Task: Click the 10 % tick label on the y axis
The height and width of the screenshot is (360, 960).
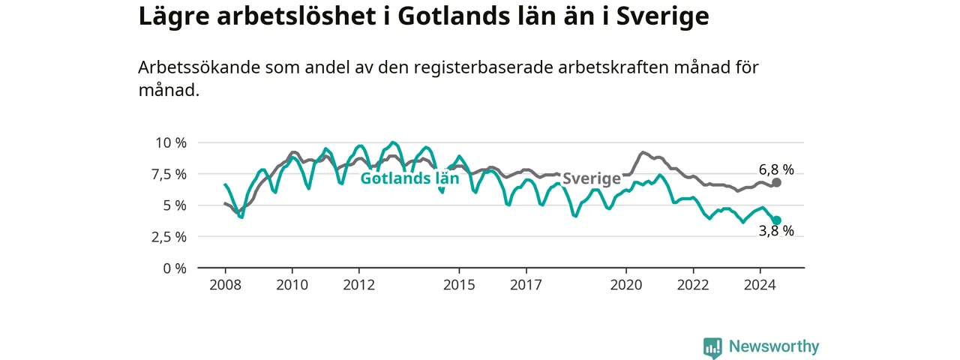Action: tap(171, 142)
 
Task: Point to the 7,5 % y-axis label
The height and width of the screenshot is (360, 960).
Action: tap(169, 175)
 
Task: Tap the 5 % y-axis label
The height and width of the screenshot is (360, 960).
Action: tap(175, 205)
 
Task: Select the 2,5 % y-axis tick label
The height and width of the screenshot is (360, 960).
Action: tap(169, 237)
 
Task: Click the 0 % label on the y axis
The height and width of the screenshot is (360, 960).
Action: tap(175, 268)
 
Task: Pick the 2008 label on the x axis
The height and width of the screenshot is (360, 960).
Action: tap(226, 285)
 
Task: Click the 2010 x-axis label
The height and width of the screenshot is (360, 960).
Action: tap(292, 285)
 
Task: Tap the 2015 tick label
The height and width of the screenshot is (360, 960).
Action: tap(459, 285)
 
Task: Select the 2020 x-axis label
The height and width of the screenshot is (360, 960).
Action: tap(626, 285)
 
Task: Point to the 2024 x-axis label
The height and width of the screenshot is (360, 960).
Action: tap(760, 285)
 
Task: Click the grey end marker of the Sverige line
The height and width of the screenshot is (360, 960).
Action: tap(776, 182)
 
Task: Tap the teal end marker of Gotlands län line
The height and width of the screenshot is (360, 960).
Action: tap(776, 220)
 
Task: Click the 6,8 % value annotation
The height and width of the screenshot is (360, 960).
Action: tap(776, 169)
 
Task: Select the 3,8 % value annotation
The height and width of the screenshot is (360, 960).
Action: tap(776, 231)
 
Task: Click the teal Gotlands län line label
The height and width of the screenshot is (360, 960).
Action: tap(409, 178)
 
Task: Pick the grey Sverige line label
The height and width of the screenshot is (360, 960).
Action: tap(592, 178)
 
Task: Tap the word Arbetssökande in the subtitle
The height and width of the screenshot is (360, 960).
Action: tap(199, 67)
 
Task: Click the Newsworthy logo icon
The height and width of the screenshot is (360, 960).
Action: tap(712, 347)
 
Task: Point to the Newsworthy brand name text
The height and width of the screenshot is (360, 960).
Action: tap(774, 346)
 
